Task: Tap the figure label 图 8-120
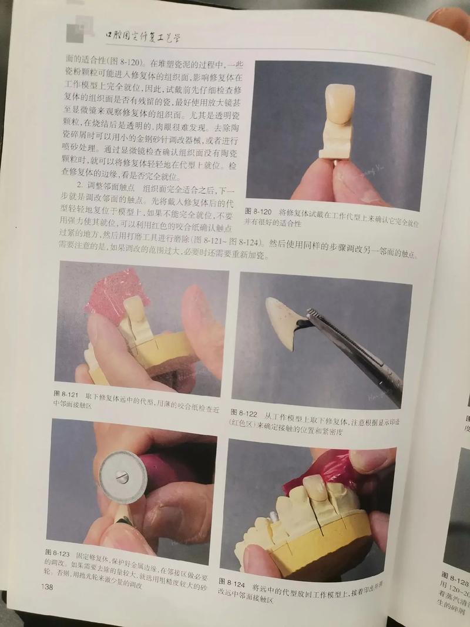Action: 257,211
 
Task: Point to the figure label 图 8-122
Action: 243,413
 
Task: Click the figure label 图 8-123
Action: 58,554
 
